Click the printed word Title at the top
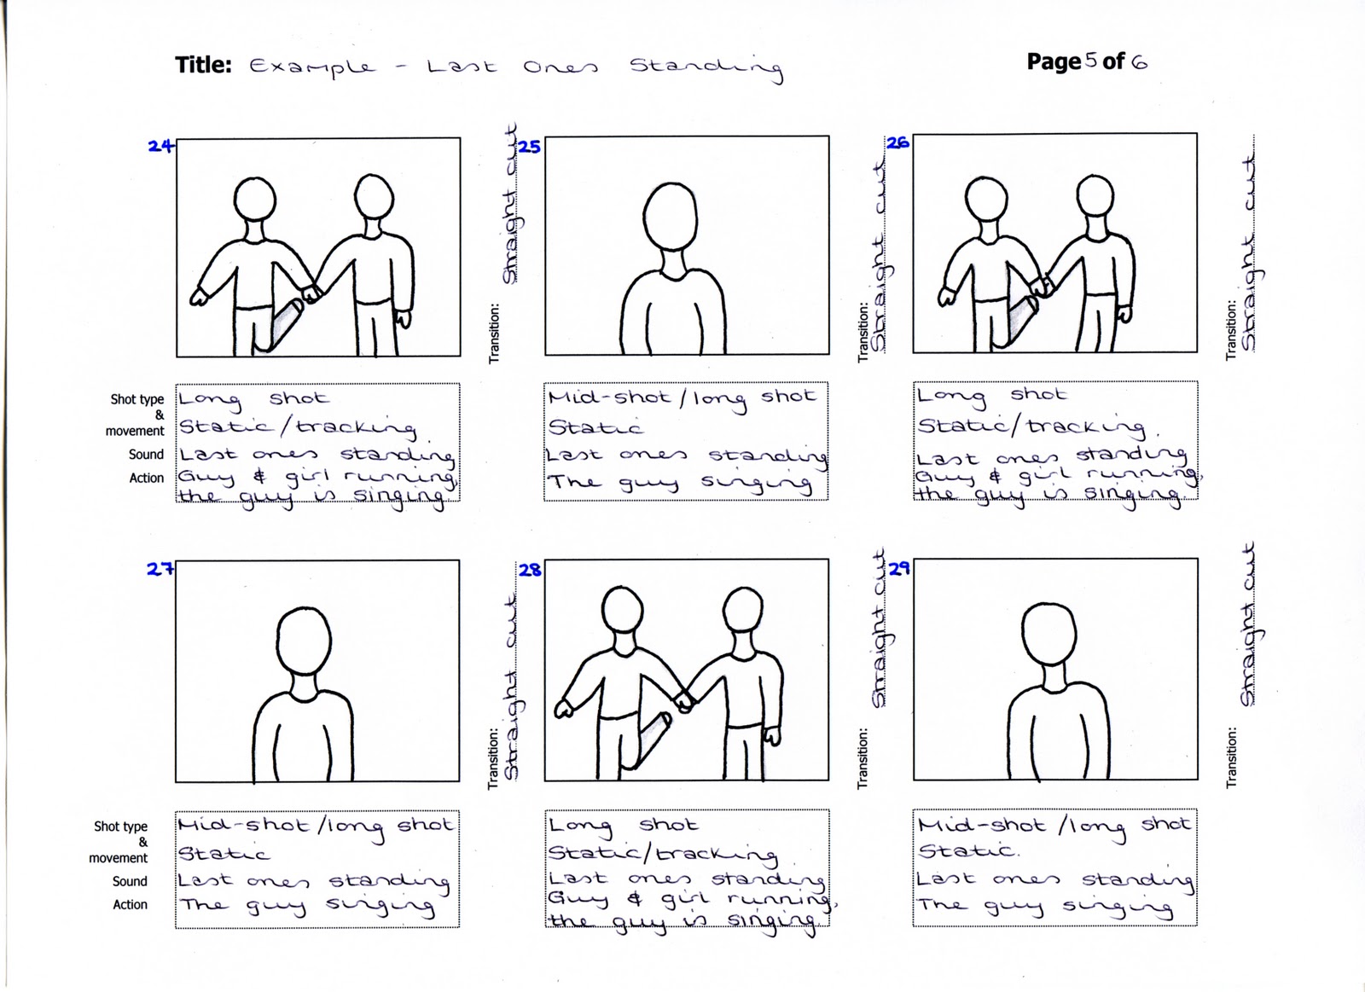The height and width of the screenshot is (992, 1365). pos(203,66)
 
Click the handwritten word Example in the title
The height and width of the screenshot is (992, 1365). pos(311,67)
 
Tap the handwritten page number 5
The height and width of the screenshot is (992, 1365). pos(1090,61)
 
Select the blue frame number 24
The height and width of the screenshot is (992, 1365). pos(160,146)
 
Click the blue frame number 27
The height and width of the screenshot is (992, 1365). pos(160,569)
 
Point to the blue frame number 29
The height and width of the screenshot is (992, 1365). pos(899,568)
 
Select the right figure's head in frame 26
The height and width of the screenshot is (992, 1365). pos(1096,197)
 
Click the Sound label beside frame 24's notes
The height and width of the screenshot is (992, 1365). pos(146,455)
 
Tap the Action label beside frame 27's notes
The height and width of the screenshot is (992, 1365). pos(130,904)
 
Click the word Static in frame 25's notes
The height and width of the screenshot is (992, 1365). pos(595,426)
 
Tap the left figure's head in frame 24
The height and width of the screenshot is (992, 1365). pos(256,200)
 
